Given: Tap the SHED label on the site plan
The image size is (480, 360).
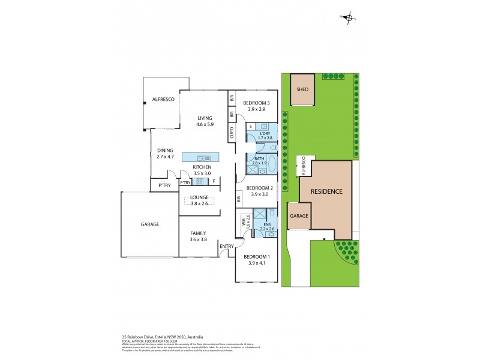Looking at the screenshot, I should click(x=303, y=89).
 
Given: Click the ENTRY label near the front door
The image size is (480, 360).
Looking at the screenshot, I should click(x=227, y=246).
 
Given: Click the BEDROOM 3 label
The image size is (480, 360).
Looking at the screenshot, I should click(x=256, y=103).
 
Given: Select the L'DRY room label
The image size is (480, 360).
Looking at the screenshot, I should click(x=266, y=133).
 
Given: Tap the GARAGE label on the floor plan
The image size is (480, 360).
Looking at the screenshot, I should click(x=150, y=224).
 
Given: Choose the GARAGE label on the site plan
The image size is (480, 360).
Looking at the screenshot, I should click(x=298, y=215).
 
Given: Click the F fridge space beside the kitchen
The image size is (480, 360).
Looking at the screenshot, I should click(x=214, y=182).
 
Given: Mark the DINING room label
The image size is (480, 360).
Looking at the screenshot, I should click(x=165, y=151).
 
